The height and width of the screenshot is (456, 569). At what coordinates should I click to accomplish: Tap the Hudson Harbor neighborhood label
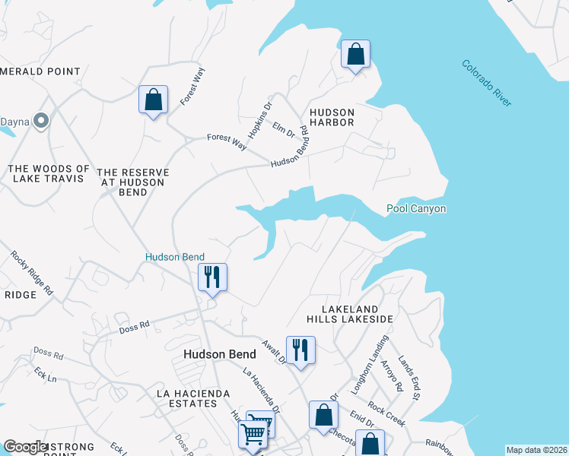pos(332,117)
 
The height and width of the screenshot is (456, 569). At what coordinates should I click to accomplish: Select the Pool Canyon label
pos(416,208)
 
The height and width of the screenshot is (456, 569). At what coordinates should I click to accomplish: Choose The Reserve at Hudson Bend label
pos(133,182)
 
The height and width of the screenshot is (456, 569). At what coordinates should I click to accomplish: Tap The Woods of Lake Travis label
pos(49,173)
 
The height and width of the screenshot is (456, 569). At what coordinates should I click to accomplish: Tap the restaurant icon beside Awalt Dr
pos(300,350)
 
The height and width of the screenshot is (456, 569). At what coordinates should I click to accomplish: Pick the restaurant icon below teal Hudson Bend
pos(212,277)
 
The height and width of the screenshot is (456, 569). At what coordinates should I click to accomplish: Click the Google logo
pos(26,447)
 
